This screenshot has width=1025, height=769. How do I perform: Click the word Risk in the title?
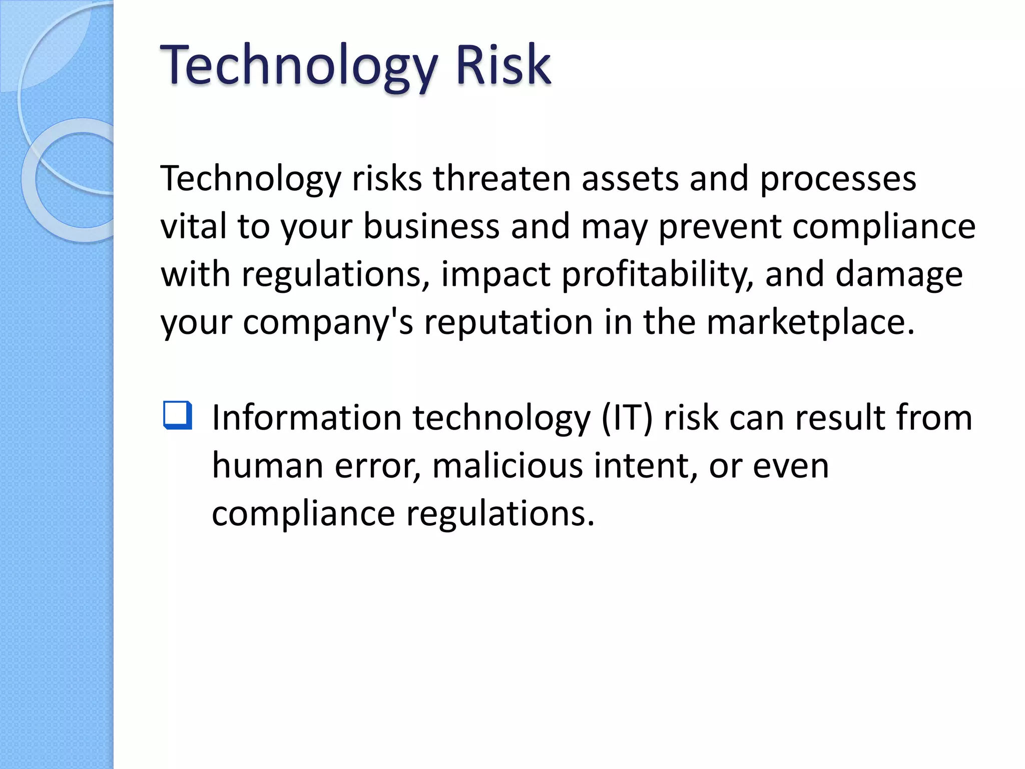point(502,65)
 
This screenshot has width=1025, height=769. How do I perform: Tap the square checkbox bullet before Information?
point(178,415)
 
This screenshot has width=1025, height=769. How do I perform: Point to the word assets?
point(630,179)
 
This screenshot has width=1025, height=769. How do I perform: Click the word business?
point(431,226)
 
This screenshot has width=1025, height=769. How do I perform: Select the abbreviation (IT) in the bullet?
point(627,419)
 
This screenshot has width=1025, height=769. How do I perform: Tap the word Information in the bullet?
point(307,418)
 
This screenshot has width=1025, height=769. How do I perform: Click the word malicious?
point(507,466)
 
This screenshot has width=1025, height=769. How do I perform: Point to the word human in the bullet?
point(267,466)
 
